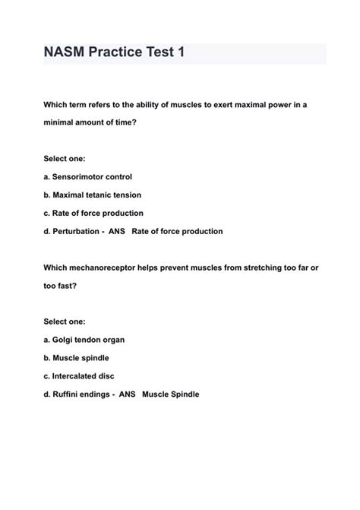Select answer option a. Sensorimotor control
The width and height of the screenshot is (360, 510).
[x=87, y=176]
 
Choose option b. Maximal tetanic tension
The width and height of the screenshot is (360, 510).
[x=92, y=195]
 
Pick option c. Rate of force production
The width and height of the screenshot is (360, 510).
[x=93, y=213]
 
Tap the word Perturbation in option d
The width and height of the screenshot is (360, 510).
[x=74, y=231]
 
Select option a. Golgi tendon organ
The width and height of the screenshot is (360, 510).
[x=84, y=339]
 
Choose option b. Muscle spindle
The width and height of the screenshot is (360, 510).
[x=77, y=357]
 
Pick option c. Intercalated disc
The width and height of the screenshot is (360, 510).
[x=79, y=375]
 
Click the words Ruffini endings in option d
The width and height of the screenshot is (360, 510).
[x=80, y=394]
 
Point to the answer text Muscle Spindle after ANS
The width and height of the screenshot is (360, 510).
[x=171, y=394]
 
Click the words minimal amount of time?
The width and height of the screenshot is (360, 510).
[x=90, y=122]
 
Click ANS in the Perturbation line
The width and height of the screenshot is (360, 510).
[x=119, y=231]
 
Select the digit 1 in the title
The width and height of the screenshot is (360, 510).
[x=179, y=54]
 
